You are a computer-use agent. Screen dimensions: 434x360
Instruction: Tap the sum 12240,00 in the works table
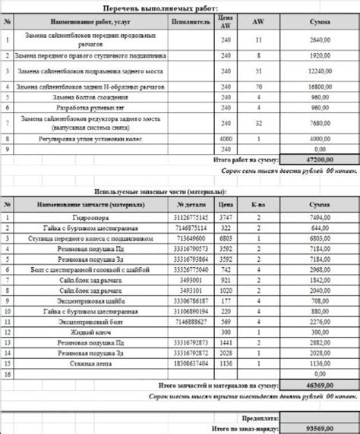pyautogui.click(x=319, y=71)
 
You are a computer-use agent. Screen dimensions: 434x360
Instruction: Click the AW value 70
pyautogui.click(x=258, y=86)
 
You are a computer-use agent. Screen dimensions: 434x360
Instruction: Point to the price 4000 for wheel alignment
pyautogui.click(x=225, y=139)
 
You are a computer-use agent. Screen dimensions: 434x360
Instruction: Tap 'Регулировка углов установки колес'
pyautogui.click(x=91, y=139)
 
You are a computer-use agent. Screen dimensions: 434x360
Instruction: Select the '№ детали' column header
pyautogui.click(x=191, y=205)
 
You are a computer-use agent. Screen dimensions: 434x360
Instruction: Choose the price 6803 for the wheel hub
pyautogui.click(x=225, y=237)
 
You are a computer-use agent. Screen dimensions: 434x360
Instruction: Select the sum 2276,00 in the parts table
pyautogui.click(x=319, y=322)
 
